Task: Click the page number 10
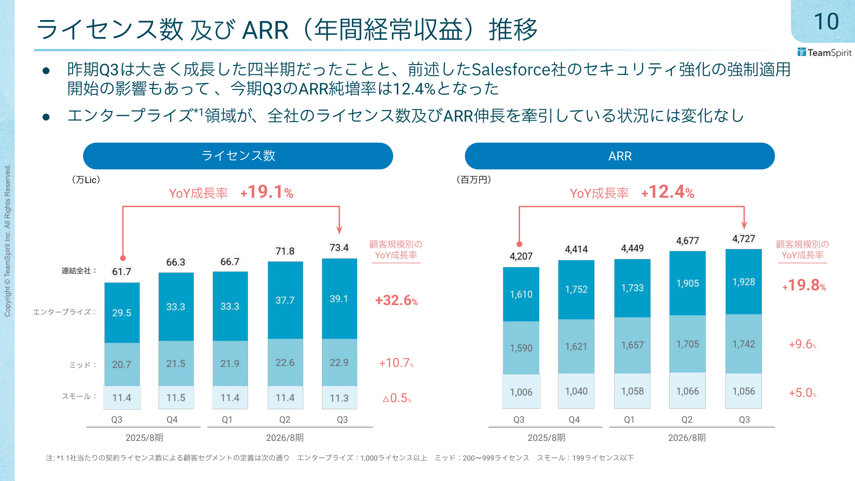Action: (x=826, y=21)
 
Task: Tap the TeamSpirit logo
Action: (x=824, y=53)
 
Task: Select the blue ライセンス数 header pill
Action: (x=238, y=156)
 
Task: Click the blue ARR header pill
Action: (x=620, y=156)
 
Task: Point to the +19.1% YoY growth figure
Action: (x=267, y=192)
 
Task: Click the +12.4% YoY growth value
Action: (x=668, y=192)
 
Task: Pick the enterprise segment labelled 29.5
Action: (x=122, y=313)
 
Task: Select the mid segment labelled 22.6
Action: (x=285, y=363)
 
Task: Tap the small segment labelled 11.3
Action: (x=339, y=398)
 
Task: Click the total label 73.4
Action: (x=339, y=248)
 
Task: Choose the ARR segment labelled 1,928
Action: (x=744, y=282)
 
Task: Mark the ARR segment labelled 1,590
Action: (x=521, y=348)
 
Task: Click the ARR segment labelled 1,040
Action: (x=576, y=391)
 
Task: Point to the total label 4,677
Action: (x=688, y=241)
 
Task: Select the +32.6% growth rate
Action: (x=396, y=300)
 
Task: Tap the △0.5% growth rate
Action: (x=397, y=398)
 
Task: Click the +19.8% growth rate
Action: (x=804, y=285)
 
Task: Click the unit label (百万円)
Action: (x=474, y=179)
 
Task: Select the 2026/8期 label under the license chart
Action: (x=285, y=438)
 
